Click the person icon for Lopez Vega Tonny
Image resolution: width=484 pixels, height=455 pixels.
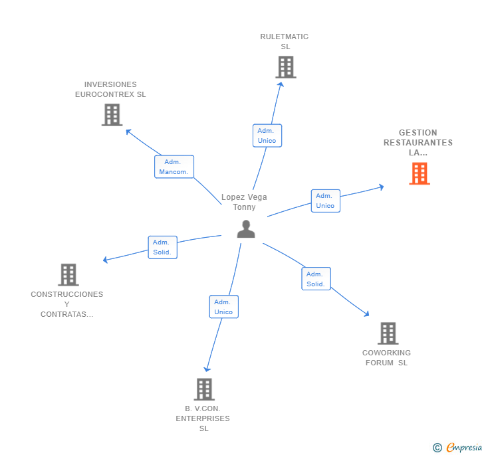246,228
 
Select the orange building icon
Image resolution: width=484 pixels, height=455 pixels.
420,173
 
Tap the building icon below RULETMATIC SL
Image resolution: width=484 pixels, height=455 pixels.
285,67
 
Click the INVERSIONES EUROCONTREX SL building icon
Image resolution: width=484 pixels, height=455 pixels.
112,115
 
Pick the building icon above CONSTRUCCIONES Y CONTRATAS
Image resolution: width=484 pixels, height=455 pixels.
68,274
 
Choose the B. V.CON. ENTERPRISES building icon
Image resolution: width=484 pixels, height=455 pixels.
204,389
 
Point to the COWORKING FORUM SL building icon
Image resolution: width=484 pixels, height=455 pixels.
388,333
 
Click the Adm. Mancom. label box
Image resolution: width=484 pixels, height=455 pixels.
174,167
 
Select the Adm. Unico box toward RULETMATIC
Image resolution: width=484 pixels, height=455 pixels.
267,136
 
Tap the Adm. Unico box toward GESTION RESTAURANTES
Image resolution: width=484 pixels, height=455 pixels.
325,201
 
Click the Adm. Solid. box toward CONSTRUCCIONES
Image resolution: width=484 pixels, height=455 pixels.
162,247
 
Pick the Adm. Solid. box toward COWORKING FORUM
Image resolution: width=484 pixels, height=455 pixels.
315,279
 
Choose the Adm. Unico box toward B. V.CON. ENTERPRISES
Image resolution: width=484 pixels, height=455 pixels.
223,307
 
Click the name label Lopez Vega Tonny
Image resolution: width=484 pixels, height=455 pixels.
244,202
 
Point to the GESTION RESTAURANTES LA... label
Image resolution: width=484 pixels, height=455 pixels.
418,142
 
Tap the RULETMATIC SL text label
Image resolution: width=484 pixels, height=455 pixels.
285,41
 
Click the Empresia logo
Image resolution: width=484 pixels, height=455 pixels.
463,447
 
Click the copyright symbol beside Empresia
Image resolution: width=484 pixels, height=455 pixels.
437,448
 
